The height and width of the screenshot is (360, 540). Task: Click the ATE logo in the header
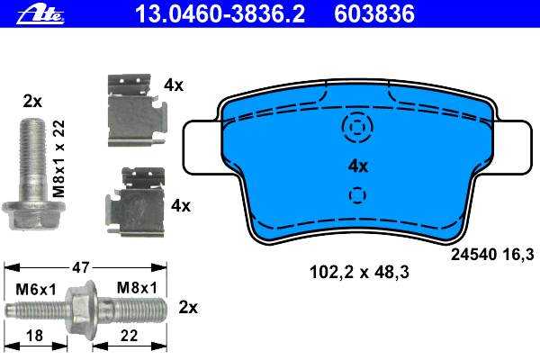(40, 15)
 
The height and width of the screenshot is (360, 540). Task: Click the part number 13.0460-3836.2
(220, 14)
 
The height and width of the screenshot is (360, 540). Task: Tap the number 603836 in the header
(374, 14)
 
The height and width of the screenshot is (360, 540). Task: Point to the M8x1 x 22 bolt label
(59, 158)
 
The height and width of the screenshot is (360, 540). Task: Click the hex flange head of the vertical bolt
(33, 215)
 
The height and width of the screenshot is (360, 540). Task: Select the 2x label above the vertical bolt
(32, 102)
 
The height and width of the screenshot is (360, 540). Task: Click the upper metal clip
(137, 110)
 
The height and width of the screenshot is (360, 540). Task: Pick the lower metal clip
(135, 202)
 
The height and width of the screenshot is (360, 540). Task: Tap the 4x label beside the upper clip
(174, 85)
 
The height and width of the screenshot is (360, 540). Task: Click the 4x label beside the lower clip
(181, 206)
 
